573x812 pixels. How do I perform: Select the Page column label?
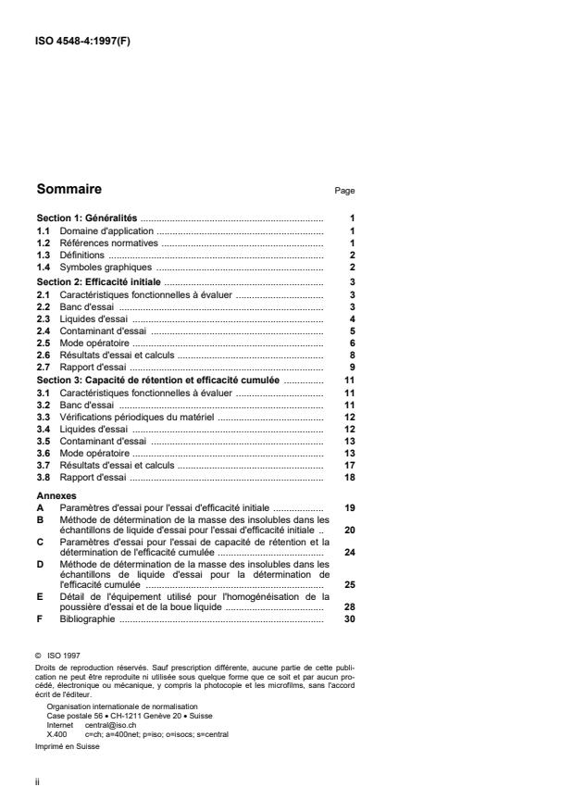(344, 191)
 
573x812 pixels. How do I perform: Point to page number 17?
(350, 466)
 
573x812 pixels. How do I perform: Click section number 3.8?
(43, 478)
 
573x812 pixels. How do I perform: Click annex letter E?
(40, 597)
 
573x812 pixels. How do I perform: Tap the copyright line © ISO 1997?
(60, 654)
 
